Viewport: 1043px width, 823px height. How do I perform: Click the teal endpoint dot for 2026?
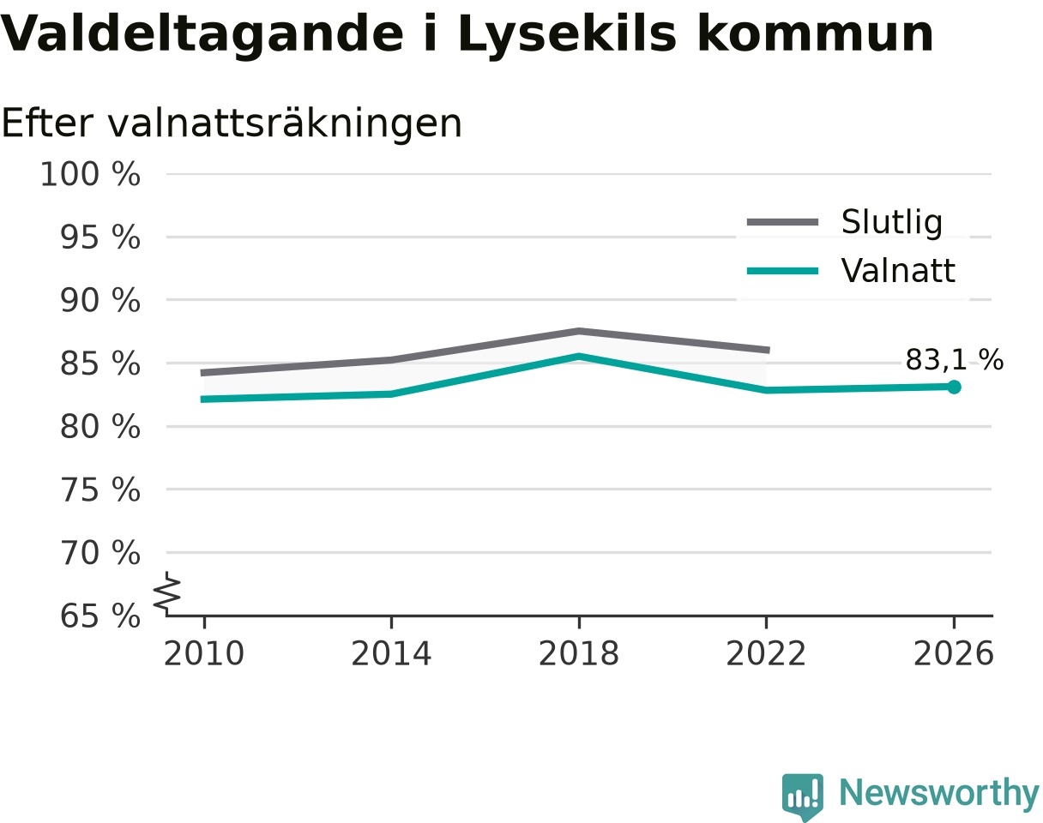(x=953, y=387)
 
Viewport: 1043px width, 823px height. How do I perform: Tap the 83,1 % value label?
(x=954, y=360)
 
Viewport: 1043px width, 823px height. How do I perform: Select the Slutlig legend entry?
(x=845, y=222)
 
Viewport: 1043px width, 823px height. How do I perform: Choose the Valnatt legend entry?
(x=851, y=270)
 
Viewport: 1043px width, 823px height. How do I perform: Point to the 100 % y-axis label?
(x=90, y=174)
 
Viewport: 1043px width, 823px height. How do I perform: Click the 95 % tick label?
(x=99, y=237)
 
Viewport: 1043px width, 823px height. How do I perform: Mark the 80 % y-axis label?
(x=99, y=427)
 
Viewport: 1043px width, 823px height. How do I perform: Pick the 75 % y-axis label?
(x=99, y=490)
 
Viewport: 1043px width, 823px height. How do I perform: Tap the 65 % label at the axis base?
(x=99, y=616)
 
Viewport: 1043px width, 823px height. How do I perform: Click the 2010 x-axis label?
(x=204, y=654)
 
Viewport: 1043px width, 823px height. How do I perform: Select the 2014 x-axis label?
(x=391, y=654)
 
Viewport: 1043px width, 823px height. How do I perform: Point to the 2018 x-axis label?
(x=579, y=654)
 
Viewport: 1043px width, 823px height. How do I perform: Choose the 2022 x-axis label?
(x=766, y=654)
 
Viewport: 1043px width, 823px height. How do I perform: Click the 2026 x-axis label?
(x=953, y=654)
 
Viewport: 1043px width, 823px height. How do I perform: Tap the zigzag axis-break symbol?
(x=167, y=592)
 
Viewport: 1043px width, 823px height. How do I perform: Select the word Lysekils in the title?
(x=567, y=35)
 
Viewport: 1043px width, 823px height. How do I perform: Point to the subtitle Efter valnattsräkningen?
(x=232, y=123)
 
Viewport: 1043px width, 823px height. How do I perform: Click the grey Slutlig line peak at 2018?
(x=579, y=331)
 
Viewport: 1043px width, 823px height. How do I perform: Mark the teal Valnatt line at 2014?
(x=391, y=393)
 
